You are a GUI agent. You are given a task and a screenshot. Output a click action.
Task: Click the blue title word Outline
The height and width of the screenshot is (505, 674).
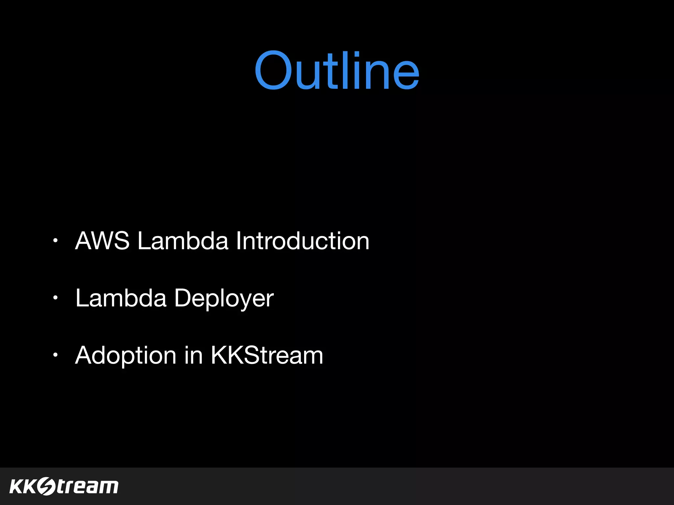point(337,71)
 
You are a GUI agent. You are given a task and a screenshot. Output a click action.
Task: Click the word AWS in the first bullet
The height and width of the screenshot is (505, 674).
point(102,241)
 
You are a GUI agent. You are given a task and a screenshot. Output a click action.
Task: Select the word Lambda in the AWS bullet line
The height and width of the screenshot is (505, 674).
point(183,241)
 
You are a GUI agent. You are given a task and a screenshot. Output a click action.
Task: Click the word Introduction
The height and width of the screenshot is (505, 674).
point(302,241)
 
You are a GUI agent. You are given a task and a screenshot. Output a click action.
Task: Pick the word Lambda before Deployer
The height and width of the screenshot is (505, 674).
point(121,298)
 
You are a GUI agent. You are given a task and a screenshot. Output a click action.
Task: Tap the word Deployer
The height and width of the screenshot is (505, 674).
point(224,299)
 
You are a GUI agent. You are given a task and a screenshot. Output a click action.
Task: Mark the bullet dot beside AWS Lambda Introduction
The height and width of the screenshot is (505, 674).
point(56,241)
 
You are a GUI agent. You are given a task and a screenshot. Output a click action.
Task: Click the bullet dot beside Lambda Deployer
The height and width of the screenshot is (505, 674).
point(56,298)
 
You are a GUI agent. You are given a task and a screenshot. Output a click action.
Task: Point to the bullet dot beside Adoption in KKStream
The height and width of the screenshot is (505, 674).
point(56,355)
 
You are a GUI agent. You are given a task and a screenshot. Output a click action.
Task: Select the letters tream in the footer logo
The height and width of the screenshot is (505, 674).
point(88,487)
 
